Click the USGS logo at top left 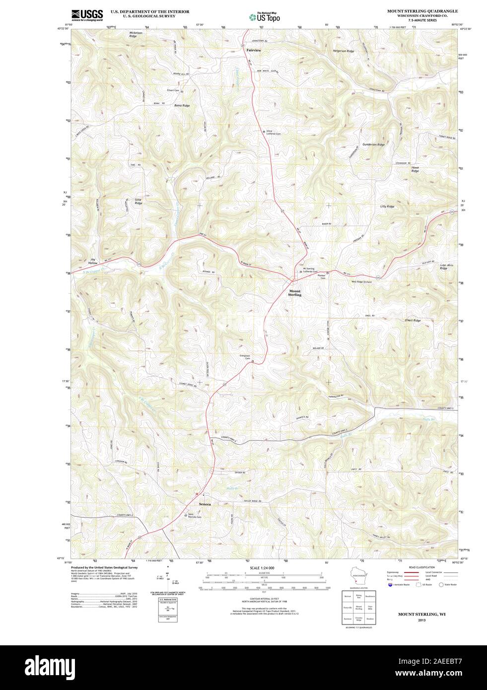click(87, 15)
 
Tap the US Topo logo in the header click(265, 17)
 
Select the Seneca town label click(205, 504)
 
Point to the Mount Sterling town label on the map click(295, 293)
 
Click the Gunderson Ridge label click(373, 144)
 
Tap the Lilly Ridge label click(387, 206)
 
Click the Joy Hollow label click(92, 261)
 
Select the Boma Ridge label click(182, 106)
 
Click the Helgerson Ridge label click(344, 51)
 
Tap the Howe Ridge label click(415, 169)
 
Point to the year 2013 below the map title click(421, 621)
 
